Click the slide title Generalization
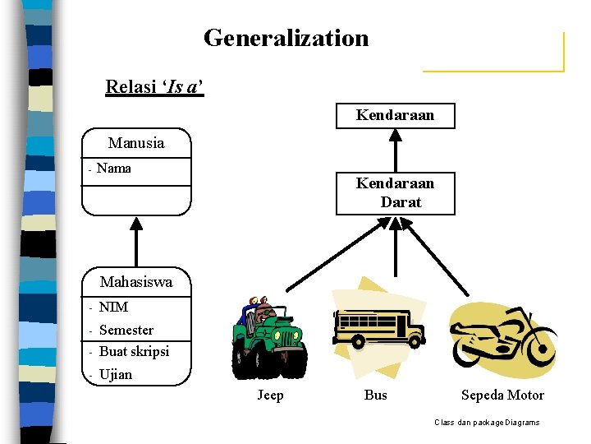pyautogui.click(x=286, y=38)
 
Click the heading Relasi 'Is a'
pyautogui.click(x=154, y=86)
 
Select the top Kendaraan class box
pyautogui.click(x=395, y=116)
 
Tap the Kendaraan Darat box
pyautogui.click(x=395, y=192)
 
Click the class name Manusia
pyautogui.click(x=136, y=143)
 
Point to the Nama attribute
pyautogui.click(x=113, y=169)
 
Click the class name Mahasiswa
pyautogui.click(x=136, y=282)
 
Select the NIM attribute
pyautogui.click(x=113, y=308)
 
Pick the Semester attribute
pyautogui.click(x=126, y=330)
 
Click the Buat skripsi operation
pyautogui.click(x=134, y=351)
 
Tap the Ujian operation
pyautogui.click(x=115, y=374)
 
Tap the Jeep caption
pyautogui.click(x=270, y=395)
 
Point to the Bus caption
pyautogui.click(x=375, y=395)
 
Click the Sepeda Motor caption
pyautogui.click(x=502, y=395)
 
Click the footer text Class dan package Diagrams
pyautogui.click(x=487, y=423)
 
